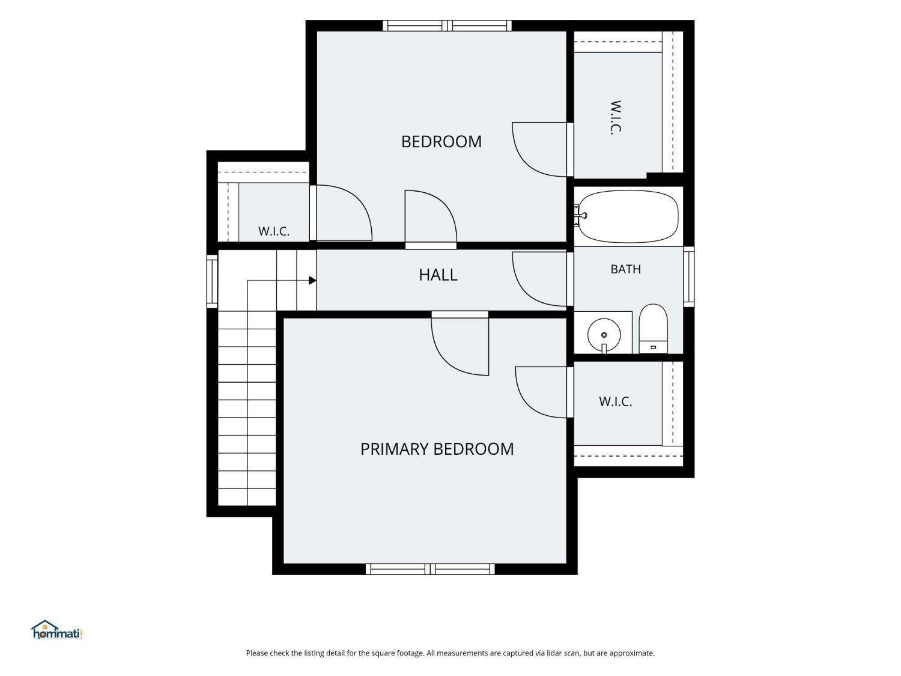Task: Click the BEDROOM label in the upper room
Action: (441, 142)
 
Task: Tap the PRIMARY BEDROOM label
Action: (437, 449)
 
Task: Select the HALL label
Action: (438, 275)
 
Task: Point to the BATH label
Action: (625, 269)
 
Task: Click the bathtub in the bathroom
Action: (628, 216)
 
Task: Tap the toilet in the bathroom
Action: (653, 329)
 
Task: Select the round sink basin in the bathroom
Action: (604, 335)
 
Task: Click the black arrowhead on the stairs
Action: (312, 281)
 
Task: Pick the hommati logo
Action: (57, 630)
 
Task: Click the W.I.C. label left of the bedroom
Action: (274, 231)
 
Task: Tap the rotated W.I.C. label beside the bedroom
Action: (615, 118)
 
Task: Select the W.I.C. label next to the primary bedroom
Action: (615, 402)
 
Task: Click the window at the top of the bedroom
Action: (447, 25)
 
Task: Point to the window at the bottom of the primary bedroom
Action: (430, 569)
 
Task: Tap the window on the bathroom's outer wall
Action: (689, 276)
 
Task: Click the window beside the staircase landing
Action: (212, 281)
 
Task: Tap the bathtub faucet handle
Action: (582, 216)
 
